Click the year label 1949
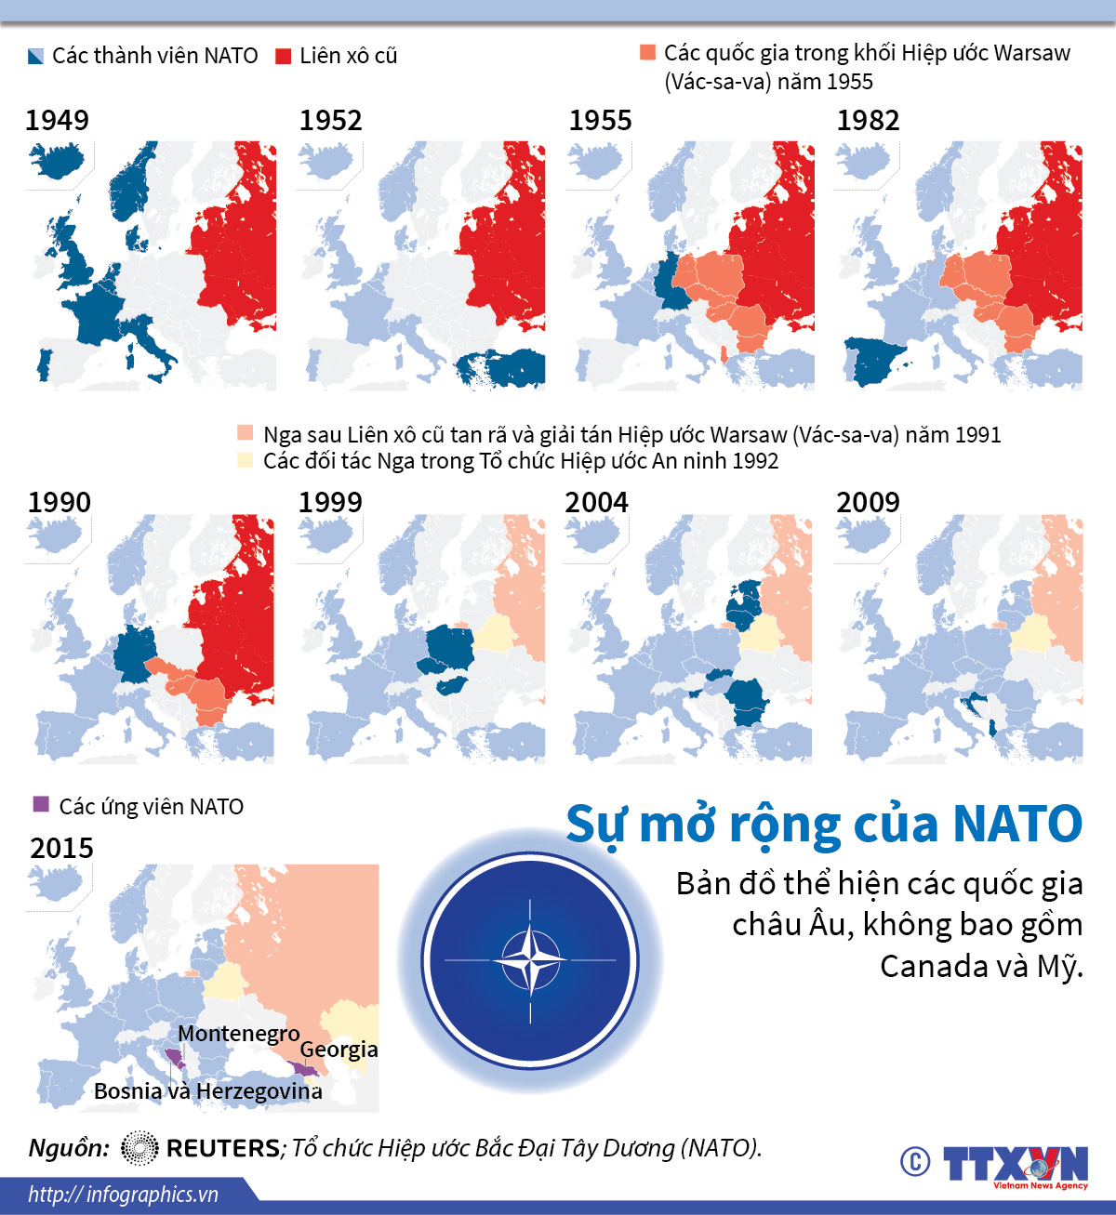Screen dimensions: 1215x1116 click(58, 120)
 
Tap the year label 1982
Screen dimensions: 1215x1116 click(868, 120)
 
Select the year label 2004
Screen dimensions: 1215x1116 click(596, 502)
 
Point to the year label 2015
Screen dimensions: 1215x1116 click(61, 848)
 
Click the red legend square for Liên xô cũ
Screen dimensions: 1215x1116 click(284, 56)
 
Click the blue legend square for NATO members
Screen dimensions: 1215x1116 click(36, 56)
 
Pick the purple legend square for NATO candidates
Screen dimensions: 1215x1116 click(40, 804)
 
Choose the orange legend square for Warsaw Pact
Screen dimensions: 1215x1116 click(647, 52)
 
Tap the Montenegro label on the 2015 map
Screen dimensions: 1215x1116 click(238, 1034)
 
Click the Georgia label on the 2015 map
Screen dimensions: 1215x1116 click(339, 1050)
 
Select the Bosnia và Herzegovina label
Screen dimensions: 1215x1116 click(207, 1091)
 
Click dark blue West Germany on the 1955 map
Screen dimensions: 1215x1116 click(671, 284)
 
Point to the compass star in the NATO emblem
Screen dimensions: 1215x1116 click(530, 960)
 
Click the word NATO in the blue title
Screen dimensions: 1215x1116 click(1017, 824)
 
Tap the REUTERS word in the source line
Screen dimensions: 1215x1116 click(222, 1148)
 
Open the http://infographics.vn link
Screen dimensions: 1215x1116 click(123, 1195)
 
